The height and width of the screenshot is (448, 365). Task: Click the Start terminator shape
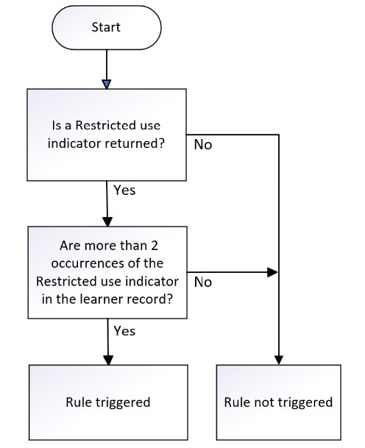coord(106,28)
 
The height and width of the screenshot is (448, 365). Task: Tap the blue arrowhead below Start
coord(106,85)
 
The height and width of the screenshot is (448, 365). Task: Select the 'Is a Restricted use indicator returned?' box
coord(107,135)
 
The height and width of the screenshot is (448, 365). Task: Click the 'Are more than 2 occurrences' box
coord(107,272)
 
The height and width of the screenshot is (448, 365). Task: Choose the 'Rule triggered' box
coord(108,402)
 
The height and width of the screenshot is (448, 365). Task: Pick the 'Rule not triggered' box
coord(279,402)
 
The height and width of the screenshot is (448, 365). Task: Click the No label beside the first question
coord(203,145)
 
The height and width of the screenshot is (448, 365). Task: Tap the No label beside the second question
coord(203,282)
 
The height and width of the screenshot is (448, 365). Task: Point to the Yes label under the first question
coord(124,190)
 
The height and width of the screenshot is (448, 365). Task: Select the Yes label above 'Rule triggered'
coord(124,331)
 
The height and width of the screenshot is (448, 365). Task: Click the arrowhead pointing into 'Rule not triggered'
coord(279,360)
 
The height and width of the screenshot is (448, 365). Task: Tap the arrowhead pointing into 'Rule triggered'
coord(108,360)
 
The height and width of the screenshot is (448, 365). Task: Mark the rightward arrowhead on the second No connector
coord(272,272)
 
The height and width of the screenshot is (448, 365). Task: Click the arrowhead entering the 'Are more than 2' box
coord(107,221)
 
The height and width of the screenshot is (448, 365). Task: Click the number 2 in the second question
coord(155,246)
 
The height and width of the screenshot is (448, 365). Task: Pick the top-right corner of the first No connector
coord(279,135)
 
